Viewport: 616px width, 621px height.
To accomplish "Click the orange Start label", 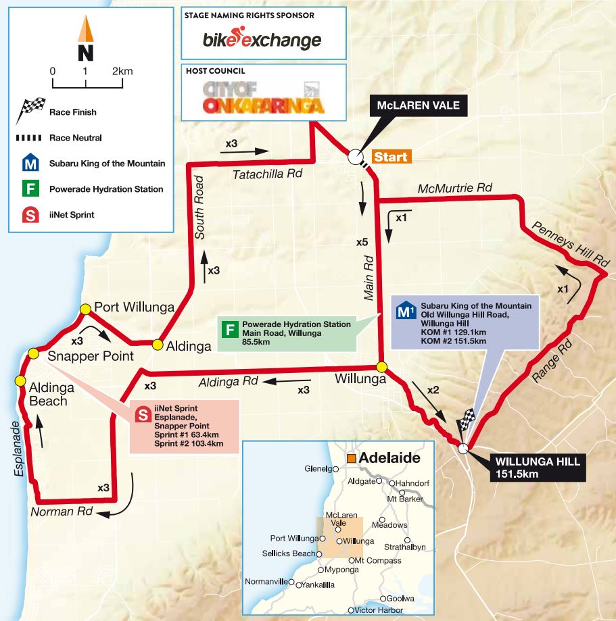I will pos(390,157).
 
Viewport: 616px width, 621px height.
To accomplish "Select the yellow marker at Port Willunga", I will pos(85,309).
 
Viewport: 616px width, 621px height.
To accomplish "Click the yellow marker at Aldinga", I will pos(158,345).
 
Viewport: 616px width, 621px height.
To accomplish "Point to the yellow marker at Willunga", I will pos(381,367).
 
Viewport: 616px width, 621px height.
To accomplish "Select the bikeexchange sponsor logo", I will pos(262,40).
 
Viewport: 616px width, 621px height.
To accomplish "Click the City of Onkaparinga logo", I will pos(256,97).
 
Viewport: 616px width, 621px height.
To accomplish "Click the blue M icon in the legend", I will pos(28,164).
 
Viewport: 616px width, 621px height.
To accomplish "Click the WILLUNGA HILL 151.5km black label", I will pos(527,468).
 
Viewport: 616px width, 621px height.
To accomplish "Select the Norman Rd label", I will pos(61,512).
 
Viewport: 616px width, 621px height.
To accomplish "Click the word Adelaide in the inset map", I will pos(389,457).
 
